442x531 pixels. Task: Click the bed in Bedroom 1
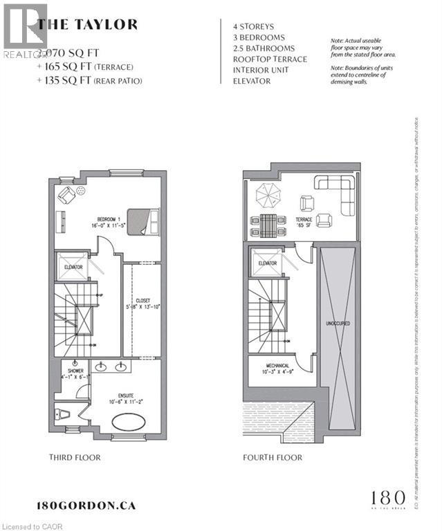click(144, 221)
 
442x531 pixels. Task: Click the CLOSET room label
click(142, 301)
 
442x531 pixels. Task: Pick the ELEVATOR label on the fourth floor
click(267, 263)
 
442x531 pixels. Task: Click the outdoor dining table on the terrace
click(266, 224)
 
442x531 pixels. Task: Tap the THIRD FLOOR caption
click(75, 458)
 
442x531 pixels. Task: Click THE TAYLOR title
click(87, 25)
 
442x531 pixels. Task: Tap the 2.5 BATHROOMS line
click(264, 48)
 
